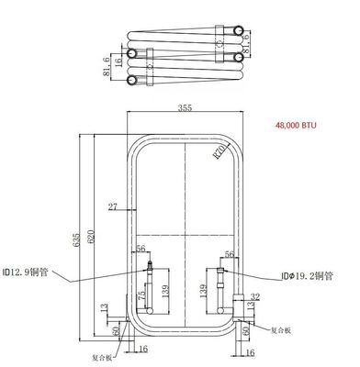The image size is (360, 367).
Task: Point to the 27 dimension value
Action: click(x=113, y=205)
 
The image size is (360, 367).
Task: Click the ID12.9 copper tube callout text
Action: click(x=28, y=272)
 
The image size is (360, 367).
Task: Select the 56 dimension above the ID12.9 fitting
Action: click(x=141, y=249)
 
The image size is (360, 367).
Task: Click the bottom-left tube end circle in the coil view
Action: click(x=133, y=81)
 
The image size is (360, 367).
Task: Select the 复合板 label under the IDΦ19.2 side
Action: click(x=280, y=327)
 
